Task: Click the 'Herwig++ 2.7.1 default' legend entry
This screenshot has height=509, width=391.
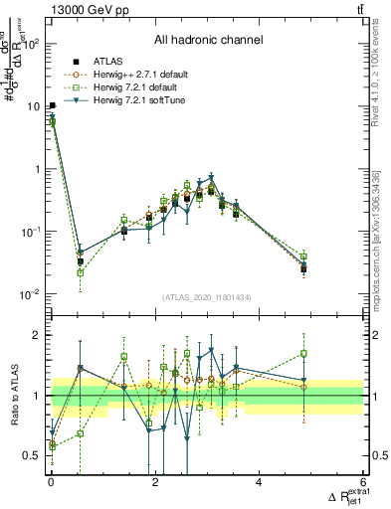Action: click(x=145, y=75)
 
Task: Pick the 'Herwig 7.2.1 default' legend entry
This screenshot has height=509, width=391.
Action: click(x=142, y=87)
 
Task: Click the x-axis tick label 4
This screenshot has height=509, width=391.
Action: click(x=259, y=483)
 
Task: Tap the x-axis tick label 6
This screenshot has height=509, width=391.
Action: click(x=362, y=483)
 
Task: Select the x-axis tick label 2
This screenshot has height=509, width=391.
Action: click(x=155, y=483)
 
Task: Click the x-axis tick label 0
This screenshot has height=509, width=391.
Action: click(x=52, y=483)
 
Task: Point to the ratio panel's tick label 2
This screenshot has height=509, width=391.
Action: click(x=39, y=335)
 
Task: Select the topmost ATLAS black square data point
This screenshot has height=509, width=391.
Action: click(x=52, y=105)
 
